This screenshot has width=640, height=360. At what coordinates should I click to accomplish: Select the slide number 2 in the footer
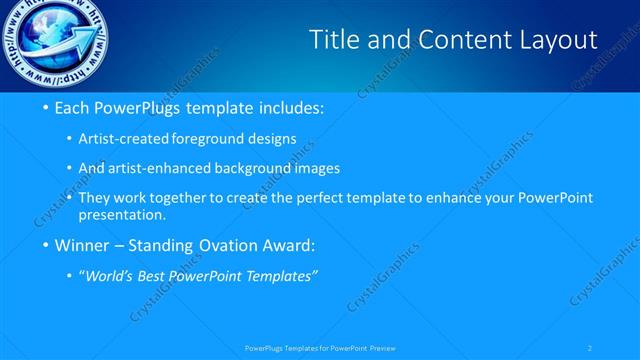590,347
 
